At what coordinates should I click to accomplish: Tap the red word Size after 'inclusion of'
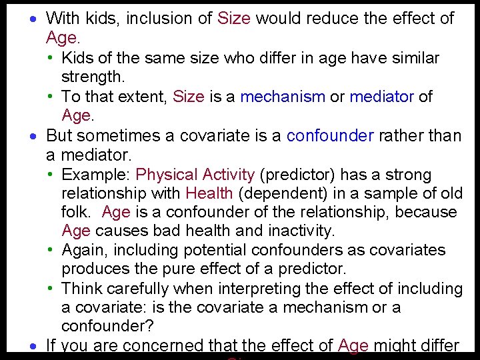(x=234, y=19)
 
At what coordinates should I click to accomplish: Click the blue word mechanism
(x=283, y=97)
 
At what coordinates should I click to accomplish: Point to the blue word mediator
(x=382, y=97)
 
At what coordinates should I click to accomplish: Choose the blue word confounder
(x=330, y=136)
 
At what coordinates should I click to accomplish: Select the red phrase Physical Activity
(x=195, y=175)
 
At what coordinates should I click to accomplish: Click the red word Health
(x=209, y=194)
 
